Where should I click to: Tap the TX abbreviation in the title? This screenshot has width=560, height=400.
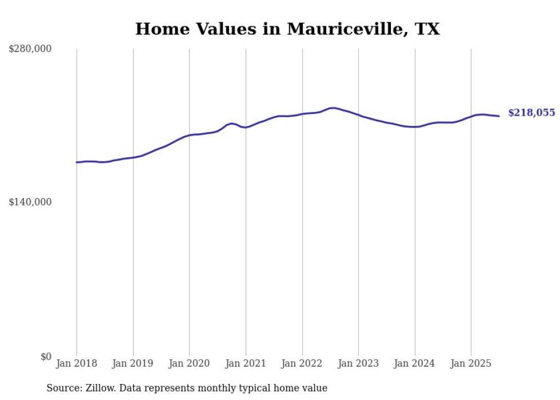pos(427,29)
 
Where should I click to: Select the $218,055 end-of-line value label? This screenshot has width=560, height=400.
pos(531,113)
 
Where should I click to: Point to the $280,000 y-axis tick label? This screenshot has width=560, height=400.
pos(30,49)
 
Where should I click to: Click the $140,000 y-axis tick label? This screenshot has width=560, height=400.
pos(30,202)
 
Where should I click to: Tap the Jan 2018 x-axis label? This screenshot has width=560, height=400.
pos(77,363)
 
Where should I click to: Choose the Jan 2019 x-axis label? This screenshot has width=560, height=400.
pos(133,363)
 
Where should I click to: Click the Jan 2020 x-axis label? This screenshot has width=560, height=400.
pos(189,363)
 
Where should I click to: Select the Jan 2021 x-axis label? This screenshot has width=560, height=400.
pos(246,363)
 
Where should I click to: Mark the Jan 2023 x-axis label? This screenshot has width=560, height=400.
pos(358,363)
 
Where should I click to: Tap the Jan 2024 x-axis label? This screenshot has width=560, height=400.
pos(415,363)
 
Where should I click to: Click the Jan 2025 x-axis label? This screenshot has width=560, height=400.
pos(471,363)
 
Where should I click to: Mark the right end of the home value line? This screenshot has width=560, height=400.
pos(499,116)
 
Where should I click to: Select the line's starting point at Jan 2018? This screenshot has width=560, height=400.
pos(77,163)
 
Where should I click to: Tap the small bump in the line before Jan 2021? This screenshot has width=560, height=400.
pos(231,123)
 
